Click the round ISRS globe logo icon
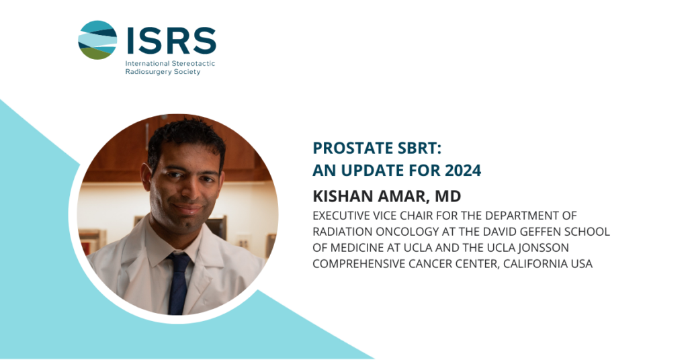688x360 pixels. [97, 40]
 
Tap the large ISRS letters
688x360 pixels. [171, 40]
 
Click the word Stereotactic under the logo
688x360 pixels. [193, 63]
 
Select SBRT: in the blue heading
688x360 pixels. [419, 148]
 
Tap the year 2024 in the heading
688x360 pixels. [463, 170]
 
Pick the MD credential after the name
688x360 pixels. [447, 196]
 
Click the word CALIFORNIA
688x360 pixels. [535, 264]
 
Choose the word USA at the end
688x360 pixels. [582, 264]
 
